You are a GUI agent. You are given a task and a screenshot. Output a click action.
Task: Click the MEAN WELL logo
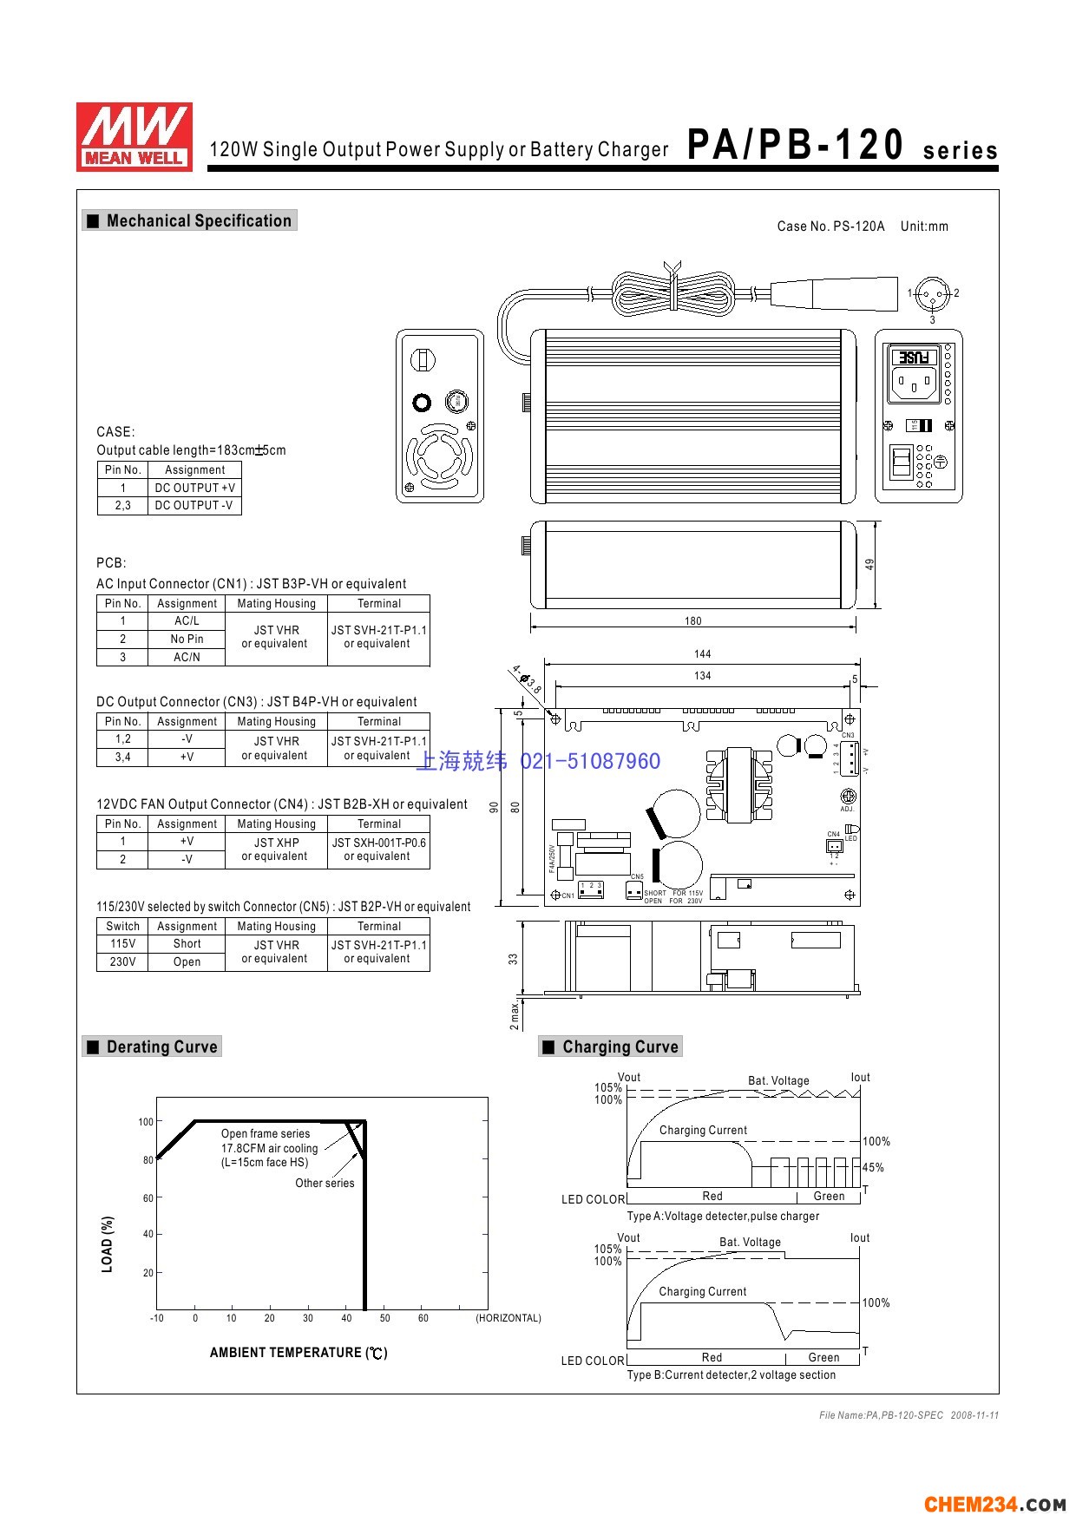(x=134, y=136)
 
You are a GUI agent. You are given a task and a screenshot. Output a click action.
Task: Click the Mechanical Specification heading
(x=198, y=220)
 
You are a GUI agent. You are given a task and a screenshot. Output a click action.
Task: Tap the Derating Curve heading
(x=161, y=1046)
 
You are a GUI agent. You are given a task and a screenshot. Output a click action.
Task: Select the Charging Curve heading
(x=620, y=1046)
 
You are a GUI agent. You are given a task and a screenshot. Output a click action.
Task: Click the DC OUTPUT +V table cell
(x=194, y=488)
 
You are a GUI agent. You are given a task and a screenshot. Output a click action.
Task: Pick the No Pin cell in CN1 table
(x=187, y=639)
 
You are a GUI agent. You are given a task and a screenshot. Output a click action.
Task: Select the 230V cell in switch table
(x=122, y=961)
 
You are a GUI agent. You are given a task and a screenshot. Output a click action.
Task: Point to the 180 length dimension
(x=692, y=620)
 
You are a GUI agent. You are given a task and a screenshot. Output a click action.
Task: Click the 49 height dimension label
(x=869, y=564)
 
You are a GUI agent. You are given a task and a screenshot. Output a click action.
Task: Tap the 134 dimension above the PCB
(x=702, y=675)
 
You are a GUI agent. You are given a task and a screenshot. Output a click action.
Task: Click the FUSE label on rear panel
(x=914, y=357)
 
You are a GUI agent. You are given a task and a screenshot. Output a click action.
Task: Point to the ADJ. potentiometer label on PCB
(x=847, y=809)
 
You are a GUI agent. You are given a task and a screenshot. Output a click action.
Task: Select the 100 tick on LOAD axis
(x=146, y=1122)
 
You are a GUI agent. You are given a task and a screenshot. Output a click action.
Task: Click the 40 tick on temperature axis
(x=346, y=1318)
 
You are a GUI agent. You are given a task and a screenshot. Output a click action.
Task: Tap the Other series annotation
(x=325, y=1183)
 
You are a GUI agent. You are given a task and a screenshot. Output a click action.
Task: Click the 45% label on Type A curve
(x=873, y=1167)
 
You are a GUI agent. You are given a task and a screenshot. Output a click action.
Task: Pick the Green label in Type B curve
(x=823, y=1357)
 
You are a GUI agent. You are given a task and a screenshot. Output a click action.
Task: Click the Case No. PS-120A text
(x=830, y=226)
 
